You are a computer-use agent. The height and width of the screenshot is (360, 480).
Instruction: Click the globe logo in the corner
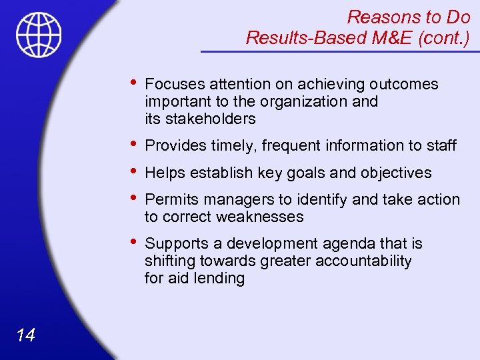pos(39,35)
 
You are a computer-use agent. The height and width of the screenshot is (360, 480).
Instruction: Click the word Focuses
pos(175,84)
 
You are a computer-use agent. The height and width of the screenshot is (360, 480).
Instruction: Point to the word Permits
pos(172,199)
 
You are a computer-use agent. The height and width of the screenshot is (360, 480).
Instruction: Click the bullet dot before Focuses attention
pos(135,83)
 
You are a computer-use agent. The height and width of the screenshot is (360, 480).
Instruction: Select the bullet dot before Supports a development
pos(135,242)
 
